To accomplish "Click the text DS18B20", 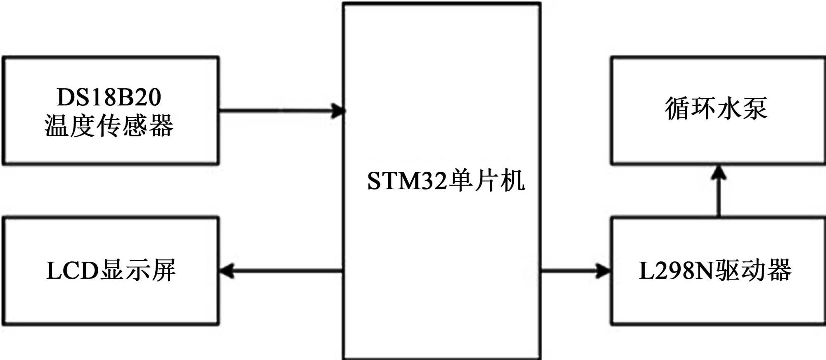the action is (x=109, y=97).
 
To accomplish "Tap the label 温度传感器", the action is (x=109, y=126).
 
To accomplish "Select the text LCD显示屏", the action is (x=111, y=271).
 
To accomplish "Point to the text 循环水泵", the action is (x=716, y=109).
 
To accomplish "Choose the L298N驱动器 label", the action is (x=715, y=271).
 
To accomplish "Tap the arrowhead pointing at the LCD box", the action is (x=226, y=271).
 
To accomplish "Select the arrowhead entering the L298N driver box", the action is (x=604, y=271).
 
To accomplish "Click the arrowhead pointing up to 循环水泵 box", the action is (x=719, y=173).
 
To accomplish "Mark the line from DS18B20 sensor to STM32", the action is (x=277, y=111).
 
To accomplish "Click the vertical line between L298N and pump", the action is (x=719, y=198).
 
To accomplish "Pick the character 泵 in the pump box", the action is (x=755, y=109).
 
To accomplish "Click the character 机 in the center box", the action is (x=513, y=181).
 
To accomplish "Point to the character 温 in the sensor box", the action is (x=57, y=126).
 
